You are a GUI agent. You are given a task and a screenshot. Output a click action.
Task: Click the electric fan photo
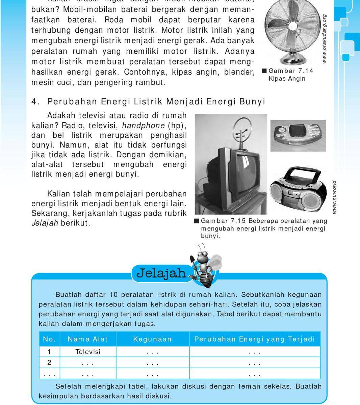click(291, 32)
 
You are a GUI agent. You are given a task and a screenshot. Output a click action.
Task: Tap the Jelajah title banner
click(161, 273)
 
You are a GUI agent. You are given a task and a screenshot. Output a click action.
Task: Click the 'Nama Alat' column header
click(87, 339)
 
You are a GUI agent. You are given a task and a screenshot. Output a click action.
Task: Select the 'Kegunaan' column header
click(152, 339)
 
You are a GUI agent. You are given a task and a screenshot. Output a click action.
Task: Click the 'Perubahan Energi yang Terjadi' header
click(254, 339)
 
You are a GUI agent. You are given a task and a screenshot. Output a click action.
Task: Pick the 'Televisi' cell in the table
click(88, 352)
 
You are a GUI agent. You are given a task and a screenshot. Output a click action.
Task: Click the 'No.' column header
click(49, 339)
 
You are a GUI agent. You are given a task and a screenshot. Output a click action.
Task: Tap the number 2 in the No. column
click(49, 362)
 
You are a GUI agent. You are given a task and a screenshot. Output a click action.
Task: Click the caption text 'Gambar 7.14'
click(291, 71)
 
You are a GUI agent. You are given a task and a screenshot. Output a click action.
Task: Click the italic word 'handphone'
click(143, 126)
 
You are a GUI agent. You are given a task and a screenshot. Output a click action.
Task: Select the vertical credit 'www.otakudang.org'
click(324, 38)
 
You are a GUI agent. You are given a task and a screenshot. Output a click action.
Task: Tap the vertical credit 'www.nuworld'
click(334, 197)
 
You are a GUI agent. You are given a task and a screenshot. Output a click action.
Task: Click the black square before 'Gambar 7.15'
click(197, 221)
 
